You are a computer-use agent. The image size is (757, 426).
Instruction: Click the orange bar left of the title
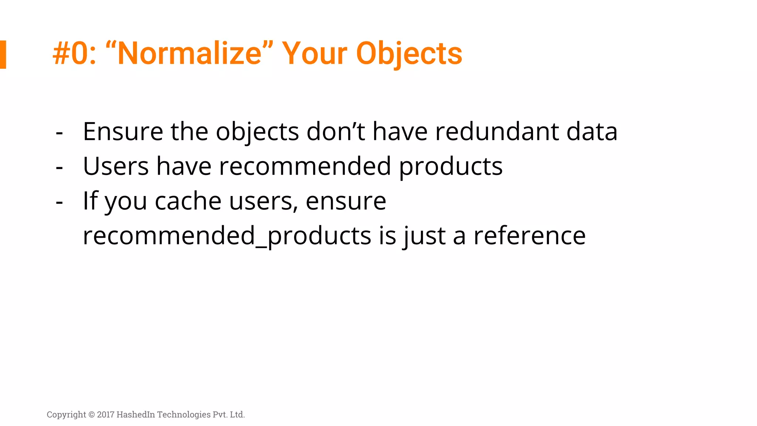click(3, 54)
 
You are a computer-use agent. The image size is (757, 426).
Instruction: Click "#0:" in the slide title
click(74, 54)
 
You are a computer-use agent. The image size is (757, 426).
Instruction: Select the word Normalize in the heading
click(189, 54)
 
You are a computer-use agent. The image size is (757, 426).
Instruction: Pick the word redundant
click(497, 132)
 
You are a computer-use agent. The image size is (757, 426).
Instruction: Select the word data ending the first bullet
click(592, 132)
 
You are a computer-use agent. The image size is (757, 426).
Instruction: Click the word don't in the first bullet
click(336, 132)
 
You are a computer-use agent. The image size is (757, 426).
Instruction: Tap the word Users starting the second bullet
click(116, 166)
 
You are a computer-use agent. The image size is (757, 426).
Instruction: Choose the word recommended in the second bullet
click(305, 166)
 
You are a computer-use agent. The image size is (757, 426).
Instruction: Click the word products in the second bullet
click(451, 167)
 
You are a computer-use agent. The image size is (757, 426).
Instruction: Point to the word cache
click(188, 201)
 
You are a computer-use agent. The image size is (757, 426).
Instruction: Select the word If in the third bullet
click(90, 201)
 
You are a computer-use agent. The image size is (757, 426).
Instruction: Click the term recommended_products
click(227, 236)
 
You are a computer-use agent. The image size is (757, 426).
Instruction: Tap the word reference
click(529, 236)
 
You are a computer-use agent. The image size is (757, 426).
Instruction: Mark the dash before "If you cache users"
click(59, 202)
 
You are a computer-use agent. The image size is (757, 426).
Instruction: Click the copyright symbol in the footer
click(92, 415)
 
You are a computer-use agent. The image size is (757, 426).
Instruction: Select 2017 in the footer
click(106, 415)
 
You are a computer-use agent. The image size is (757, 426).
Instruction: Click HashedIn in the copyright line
click(136, 415)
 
